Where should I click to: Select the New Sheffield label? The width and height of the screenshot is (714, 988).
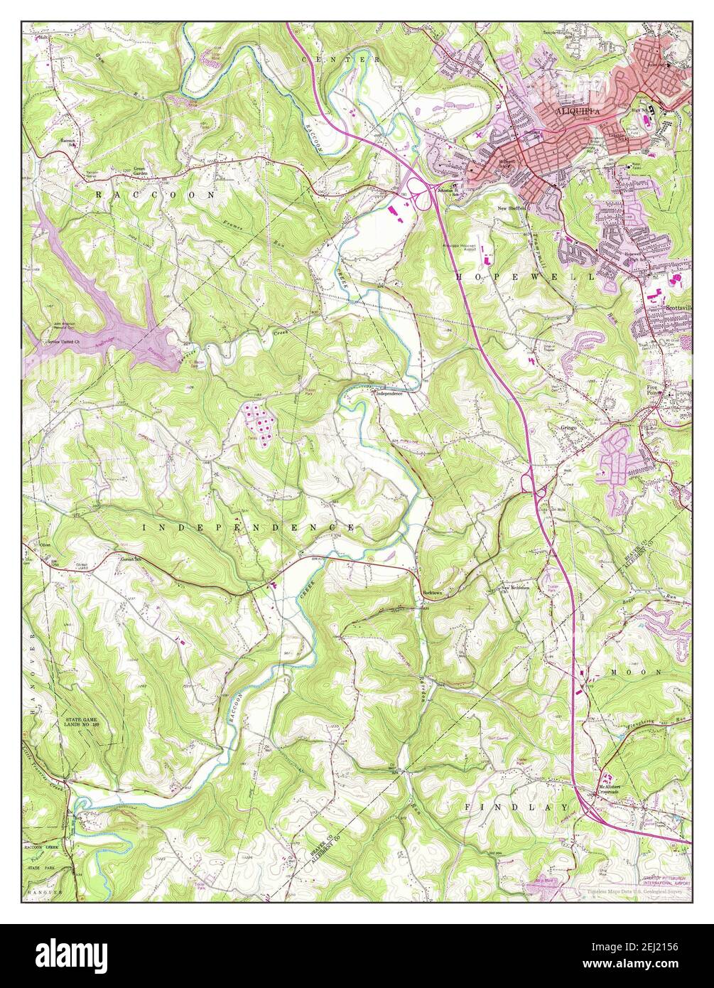tap(514, 208)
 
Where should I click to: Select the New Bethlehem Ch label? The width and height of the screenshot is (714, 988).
tap(516, 589)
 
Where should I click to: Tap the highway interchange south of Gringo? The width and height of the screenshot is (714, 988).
tap(533, 485)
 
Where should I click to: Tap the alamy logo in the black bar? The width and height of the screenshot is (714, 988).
tap(64, 953)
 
